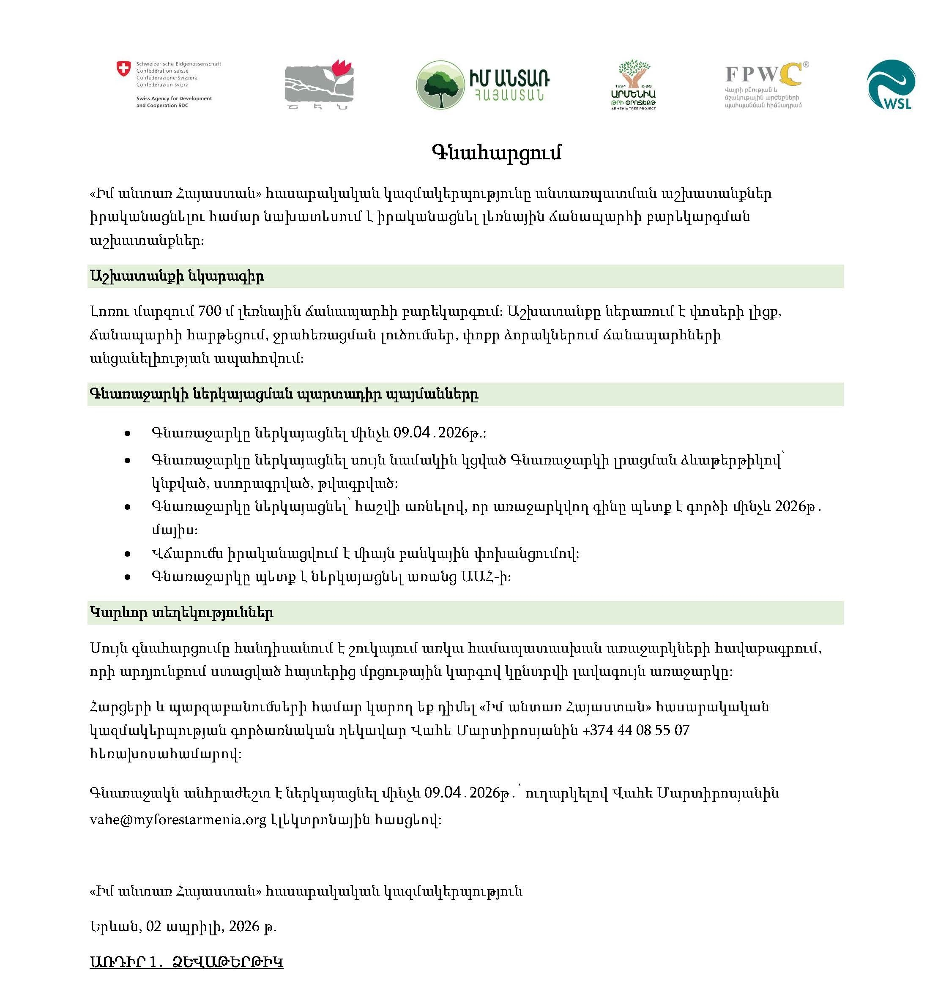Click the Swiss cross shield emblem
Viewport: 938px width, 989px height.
123,68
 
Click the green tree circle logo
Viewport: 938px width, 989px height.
440,85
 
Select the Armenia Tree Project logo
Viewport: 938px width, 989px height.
634,85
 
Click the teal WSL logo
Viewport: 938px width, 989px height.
892,85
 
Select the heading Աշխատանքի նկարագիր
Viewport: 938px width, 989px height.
177,276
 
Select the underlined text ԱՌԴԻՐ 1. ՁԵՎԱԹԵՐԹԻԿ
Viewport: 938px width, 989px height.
186,962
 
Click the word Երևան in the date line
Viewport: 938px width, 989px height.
115,927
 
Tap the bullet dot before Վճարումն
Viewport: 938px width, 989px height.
128,554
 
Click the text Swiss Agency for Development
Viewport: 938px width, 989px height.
174,98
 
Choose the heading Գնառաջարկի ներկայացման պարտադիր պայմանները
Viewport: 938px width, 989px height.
284,394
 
